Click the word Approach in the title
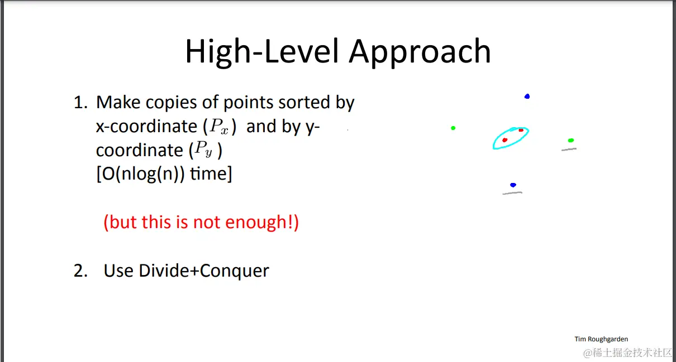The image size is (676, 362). point(420,52)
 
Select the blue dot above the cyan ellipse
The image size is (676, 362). point(527,96)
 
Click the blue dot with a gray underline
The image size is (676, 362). point(513,185)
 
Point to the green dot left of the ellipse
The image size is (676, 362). point(453,128)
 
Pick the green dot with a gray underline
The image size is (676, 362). point(570,140)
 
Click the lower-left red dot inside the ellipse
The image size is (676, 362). point(504,140)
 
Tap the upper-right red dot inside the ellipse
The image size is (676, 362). point(521,130)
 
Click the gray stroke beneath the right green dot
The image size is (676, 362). point(569,149)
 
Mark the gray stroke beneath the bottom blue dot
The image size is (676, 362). point(512,193)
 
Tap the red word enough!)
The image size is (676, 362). point(262,223)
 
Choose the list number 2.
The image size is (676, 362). point(80,271)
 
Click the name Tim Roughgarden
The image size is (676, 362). point(601,339)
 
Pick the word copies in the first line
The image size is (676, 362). point(172,103)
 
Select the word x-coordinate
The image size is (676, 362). point(146,126)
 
